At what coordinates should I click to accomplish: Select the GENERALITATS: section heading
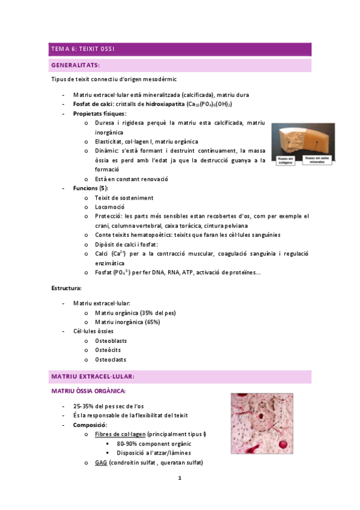pyautogui.click(x=76, y=65)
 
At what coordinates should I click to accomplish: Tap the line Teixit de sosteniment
pyautogui.click(x=124, y=197)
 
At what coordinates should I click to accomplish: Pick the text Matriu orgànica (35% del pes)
pyautogui.click(x=135, y=313)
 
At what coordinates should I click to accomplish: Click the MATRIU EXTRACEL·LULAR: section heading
pyautogui.click(x=93, y=376)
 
